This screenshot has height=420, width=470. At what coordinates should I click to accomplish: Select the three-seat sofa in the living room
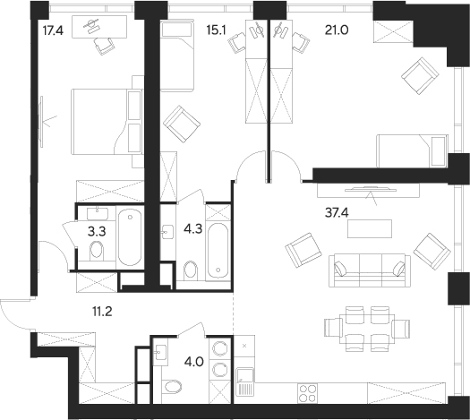pos(368,267)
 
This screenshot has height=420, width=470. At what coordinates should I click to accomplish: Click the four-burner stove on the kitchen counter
pos(307,392)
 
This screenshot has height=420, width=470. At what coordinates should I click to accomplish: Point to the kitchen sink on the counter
pos(245,388)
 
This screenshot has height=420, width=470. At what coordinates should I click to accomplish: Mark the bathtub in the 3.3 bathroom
pos(129,236)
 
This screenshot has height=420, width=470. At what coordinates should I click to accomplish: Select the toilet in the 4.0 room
pos(174,387)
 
